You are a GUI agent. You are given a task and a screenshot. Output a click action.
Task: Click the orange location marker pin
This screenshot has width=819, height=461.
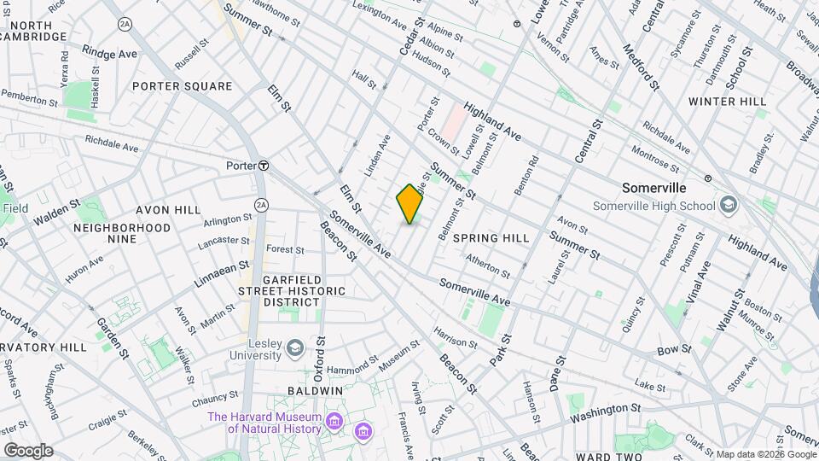(x=409, y=203)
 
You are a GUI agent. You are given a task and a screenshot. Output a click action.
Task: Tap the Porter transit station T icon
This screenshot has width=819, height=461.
(x=264, y=166)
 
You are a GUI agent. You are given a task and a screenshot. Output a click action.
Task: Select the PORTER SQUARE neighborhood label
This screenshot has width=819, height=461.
(x=182, y=86)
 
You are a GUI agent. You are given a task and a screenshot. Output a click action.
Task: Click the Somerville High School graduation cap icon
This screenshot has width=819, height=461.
(x=728, y=204)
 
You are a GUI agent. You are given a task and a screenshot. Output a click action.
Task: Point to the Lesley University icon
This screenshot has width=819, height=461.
(x=295, y=347)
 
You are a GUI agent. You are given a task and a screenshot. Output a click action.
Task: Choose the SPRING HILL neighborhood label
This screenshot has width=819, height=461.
(x=485, y=236)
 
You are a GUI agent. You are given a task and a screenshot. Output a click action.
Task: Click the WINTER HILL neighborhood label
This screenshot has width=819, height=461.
(x=728, y=101)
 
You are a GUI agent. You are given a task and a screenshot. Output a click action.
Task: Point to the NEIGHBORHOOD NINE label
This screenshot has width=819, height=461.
(x=122, y=233)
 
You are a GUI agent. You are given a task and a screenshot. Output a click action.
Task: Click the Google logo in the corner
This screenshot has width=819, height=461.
(x=28, y=450)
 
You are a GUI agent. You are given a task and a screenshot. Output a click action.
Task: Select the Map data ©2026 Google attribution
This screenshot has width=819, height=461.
(x=764, y=454)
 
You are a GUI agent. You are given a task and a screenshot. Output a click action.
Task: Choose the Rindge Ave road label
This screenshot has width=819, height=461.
(x=109, y=54)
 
